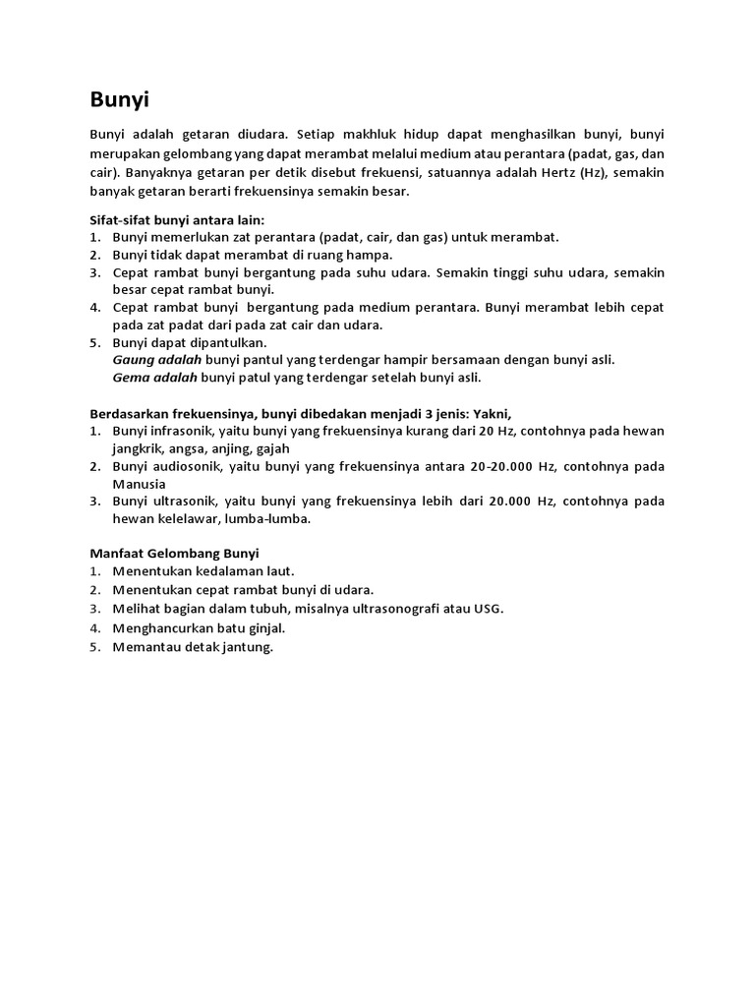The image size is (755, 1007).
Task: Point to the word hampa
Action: pos(371,255)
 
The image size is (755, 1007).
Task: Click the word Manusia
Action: pos(139,484)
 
